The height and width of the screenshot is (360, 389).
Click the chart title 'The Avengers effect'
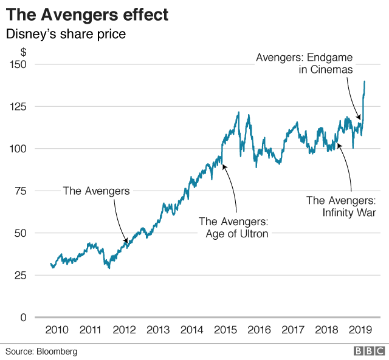(88, 13)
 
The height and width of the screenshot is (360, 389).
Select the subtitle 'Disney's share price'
(66, 34)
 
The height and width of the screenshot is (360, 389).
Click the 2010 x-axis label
(57, 330)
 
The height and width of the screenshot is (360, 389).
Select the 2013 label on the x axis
(158, 330)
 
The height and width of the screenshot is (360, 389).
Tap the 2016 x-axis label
(259, 330)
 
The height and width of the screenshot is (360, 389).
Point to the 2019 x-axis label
(360, 330)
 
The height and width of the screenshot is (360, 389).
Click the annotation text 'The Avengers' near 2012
(97, 191)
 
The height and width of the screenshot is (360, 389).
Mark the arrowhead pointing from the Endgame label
(360, 118)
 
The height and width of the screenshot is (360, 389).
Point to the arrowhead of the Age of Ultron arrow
(224, 165)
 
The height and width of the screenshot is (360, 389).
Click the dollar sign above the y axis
(22, 52)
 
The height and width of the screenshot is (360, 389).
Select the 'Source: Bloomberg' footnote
(42, 352)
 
